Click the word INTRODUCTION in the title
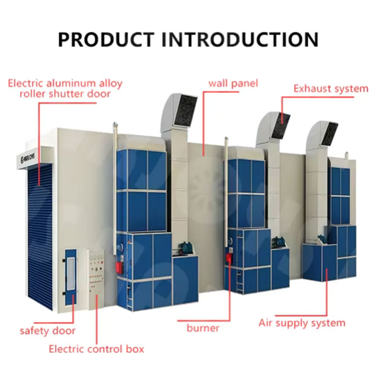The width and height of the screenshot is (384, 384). (240, 39)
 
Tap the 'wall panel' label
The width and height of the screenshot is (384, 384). (233, 83)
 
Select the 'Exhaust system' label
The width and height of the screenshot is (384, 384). (331, 88)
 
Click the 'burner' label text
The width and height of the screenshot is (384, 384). (203, 328)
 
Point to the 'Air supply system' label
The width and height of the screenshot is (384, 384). (302, 323)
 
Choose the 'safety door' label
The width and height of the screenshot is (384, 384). (48, 331)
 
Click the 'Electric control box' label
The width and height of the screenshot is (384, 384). (96, 349)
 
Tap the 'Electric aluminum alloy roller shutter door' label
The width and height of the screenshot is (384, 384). (65, 88)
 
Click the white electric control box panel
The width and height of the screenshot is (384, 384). (96, 278)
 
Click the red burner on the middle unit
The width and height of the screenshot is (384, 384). (229, 258)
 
